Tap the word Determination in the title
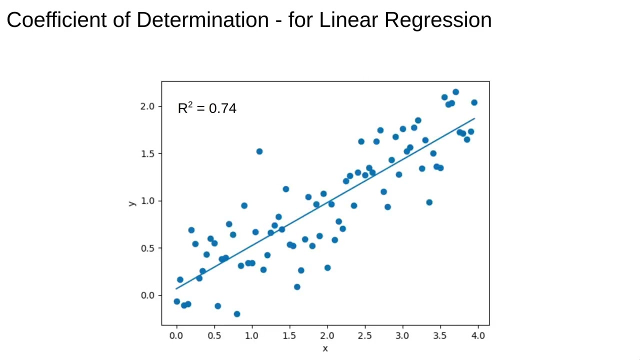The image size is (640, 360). click(x=202, y=20)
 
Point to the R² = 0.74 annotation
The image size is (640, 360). click(x=207, y=108)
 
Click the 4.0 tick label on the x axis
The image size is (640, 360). click(x=478, y=335)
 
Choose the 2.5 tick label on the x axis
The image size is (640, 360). click(x=365, y=335)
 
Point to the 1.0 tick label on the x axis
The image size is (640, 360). click(x=252, y=335)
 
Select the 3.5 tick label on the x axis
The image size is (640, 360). click(x=440, y=335)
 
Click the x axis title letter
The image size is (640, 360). click(x=325, y=348)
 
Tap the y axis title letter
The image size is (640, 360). click(x=132, y=203)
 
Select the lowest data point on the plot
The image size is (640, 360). click(x=237, y=314)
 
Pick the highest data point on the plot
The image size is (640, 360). click(x=455, y=92)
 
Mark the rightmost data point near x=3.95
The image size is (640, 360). click(x=474, y=102)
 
